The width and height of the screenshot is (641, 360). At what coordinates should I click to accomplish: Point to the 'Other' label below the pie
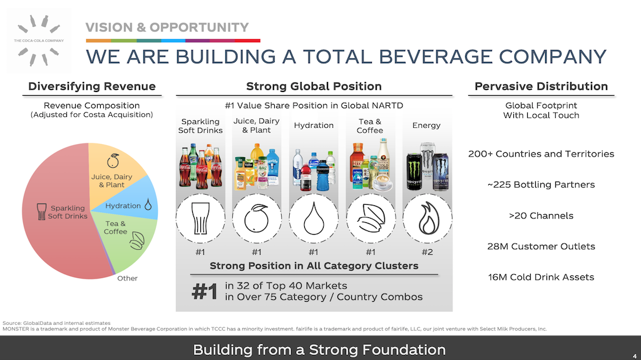click(x=127, y=278)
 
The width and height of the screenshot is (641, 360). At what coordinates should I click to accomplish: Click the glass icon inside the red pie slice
click(x=41, y=212)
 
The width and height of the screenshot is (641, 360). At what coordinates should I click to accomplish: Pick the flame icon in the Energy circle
click(x=428, y=219)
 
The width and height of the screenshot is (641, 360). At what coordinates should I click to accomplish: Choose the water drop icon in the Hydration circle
click(x=314, y=219)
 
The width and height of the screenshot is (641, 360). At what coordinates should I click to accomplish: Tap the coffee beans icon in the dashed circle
click(x=371, y=219)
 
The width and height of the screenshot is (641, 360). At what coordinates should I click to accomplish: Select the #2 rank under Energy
click(x=427, y=252)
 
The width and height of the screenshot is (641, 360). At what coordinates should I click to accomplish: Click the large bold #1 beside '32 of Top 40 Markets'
click(x=205, y=292)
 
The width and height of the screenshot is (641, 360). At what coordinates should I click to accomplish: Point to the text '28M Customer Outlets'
click(x=541, y=246)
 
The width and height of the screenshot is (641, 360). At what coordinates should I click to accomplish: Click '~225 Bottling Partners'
click(x=541, y=185)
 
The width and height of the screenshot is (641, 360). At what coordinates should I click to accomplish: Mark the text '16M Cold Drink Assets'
click(x=541, y=277)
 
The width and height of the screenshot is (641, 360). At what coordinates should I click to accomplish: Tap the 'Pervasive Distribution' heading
click(x=541, y=86)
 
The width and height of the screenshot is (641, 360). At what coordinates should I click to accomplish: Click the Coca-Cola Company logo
click(x=39, y=41)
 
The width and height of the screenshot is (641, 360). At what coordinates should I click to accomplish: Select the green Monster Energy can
click(x=414, y=172)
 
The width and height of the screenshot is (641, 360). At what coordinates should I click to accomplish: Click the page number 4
click(x=635, y=356)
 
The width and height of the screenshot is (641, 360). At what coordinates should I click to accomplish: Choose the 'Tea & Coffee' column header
click(x=369, y=126)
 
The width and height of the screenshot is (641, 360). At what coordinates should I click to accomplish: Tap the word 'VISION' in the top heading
click(x=109, y=28)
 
